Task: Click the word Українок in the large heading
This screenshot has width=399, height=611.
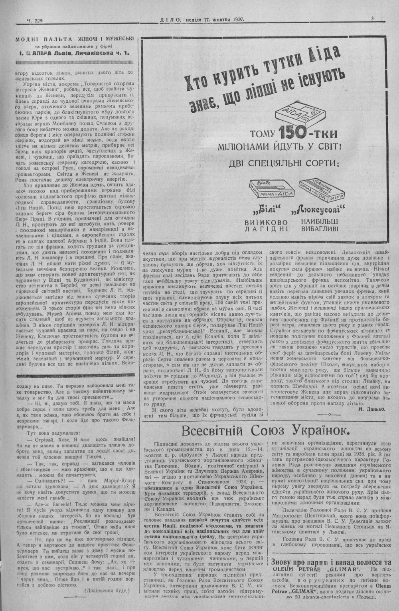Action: click(x=317, y=430)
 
